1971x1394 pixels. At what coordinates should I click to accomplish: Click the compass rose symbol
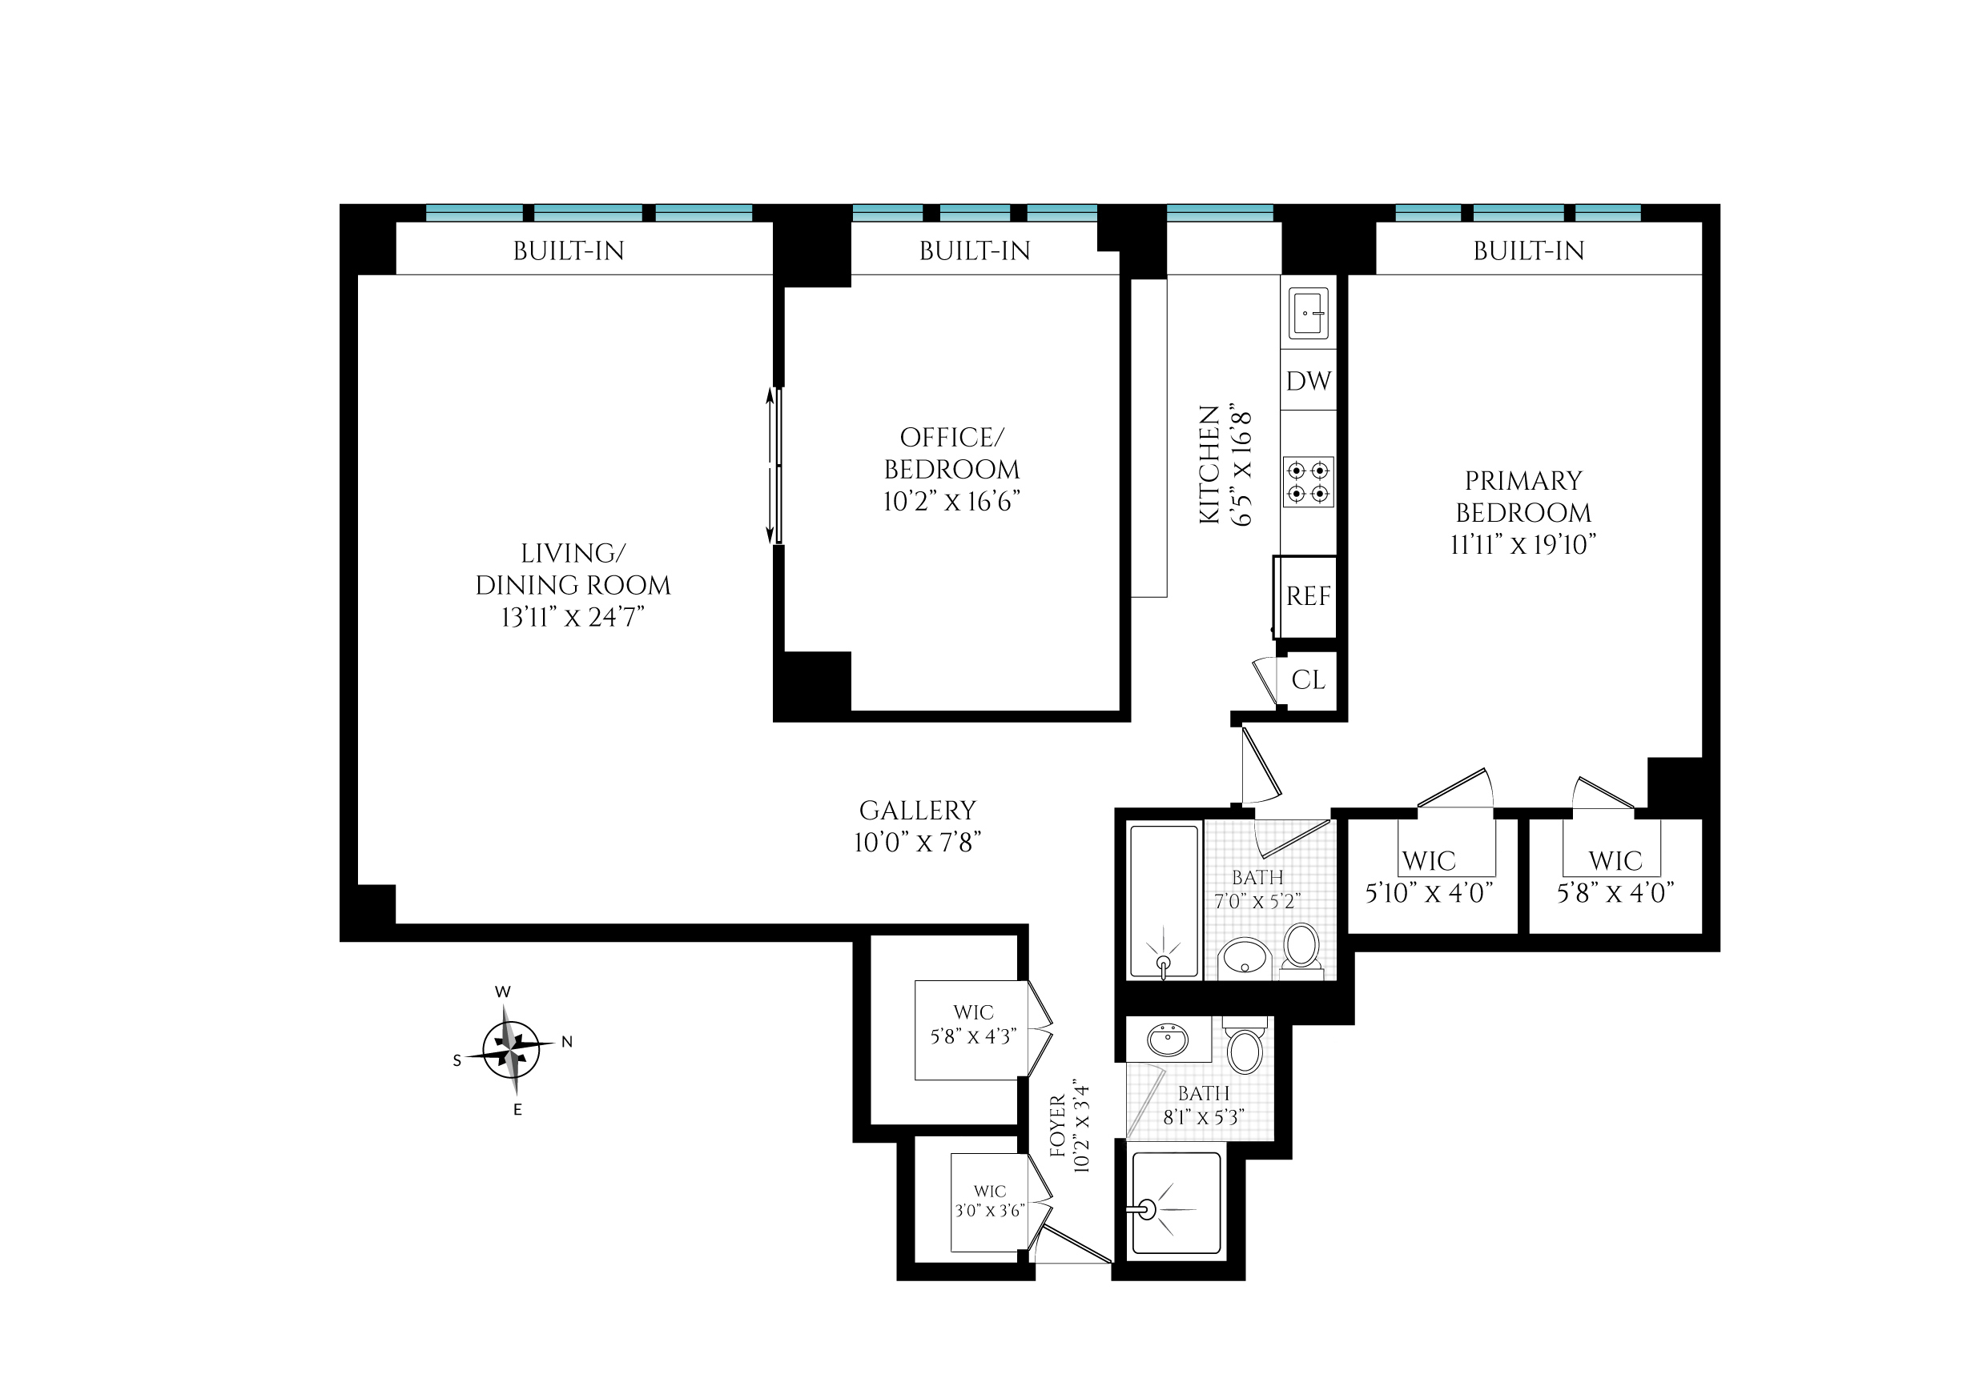tap(511, 1050)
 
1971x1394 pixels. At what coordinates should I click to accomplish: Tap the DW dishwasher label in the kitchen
tap(1308, 380)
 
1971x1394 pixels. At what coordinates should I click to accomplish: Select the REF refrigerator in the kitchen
tap(1305, 596)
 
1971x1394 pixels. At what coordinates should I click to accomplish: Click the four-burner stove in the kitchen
tap(1308, 482)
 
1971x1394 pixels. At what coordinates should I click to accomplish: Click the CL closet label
tap(1308, 680)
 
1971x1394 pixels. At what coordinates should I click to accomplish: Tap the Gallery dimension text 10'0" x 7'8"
tap(917, 842)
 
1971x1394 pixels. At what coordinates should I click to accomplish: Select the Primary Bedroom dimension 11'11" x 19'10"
tap(1522, 544)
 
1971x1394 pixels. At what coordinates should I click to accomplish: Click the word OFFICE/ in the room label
tap(951, 437)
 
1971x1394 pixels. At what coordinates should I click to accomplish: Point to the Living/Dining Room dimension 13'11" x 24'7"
tap(573, 617)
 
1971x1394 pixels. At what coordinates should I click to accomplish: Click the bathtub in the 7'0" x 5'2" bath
tap(1164, 901)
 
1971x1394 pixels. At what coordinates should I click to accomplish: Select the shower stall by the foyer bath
tap(1177, 1204)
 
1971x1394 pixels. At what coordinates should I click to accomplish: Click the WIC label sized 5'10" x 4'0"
tap(1429, 861)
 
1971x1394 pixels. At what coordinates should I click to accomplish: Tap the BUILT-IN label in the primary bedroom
tap(1529, 250)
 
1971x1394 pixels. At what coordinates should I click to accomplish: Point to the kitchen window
tap(1220, 213)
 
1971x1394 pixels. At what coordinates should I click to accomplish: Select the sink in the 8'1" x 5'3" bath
tap(1168, 1039)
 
